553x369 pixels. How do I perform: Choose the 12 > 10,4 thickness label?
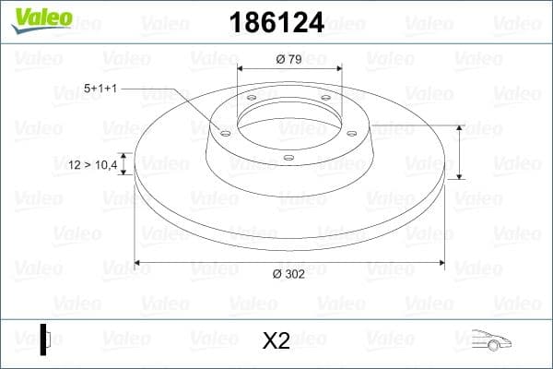tap(93, 164)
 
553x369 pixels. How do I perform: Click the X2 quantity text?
tap(276, 340)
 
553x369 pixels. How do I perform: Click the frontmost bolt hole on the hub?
tap(288, 157)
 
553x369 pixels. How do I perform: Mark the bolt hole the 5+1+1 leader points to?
tap(224, 132)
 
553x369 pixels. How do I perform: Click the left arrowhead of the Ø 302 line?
tap(139, 264)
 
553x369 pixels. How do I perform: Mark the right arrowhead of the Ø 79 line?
tap(338, 69)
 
